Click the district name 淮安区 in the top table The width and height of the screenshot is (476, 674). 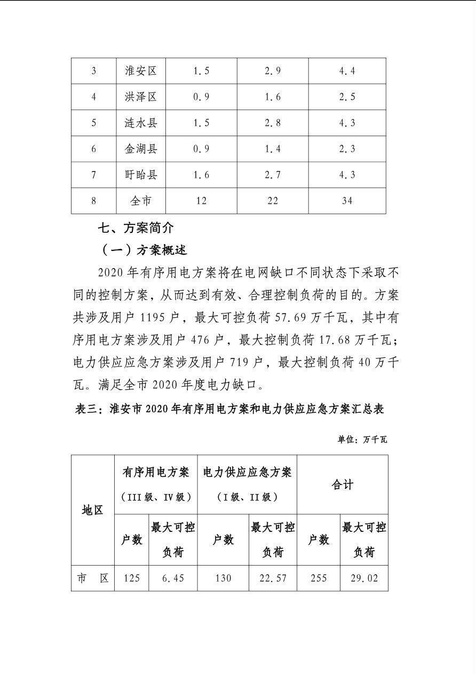(x=141, y=71)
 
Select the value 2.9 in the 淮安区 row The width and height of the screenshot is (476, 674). (x=273, y=71)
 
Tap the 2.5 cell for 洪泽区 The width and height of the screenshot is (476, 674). (x=347, y=97)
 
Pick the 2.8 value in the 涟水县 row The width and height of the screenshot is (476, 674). (x=273, y=123)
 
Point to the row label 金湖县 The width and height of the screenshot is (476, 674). (x=141, y=149)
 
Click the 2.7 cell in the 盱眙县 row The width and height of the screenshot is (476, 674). (x=273, y=175)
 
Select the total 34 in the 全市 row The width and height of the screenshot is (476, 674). (x=347, y=201)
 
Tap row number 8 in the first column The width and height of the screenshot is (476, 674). (x=94, y=201)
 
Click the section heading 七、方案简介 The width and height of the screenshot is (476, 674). (x=136, y=229)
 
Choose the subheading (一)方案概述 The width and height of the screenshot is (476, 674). (x=144, y=250)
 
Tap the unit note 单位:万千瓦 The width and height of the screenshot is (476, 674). (x=362, y=440)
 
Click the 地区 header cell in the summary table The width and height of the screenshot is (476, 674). (x=93, y=510)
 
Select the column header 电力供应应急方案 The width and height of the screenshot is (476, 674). (x=247, y=473)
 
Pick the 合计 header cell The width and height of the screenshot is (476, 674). (x=343, y=485)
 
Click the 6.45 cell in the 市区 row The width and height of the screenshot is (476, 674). (x=172, y=578)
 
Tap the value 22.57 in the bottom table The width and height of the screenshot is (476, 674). (x=273, y=578)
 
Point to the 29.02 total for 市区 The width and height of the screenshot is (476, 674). (x=364, y=578)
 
